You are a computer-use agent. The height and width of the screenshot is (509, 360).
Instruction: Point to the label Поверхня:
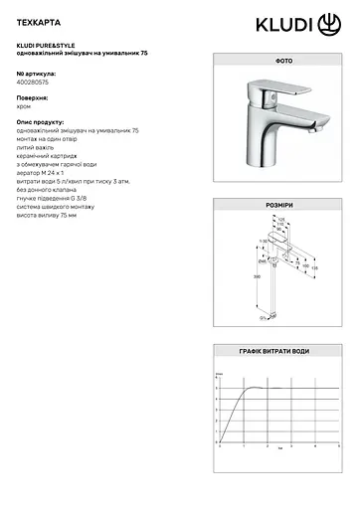35,99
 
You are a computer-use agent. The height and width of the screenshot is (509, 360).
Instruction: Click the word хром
26,107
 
